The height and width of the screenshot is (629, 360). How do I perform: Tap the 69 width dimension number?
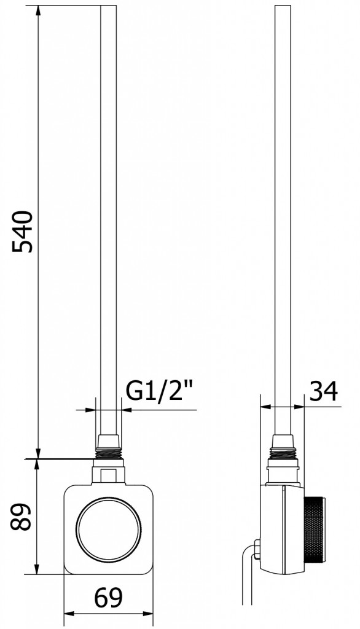pyautogui.click(x=108, y=596)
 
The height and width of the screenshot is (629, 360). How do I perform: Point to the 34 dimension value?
pyautogui.click(x=324, y=391)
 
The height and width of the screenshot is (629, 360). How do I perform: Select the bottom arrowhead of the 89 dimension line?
pyautogui.click(x=38, y=569)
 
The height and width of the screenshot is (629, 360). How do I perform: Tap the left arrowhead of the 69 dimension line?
pyautogui.click(x=69, y=613)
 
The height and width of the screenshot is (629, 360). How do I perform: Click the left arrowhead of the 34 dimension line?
pyautogui.click(x=265, y=406)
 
